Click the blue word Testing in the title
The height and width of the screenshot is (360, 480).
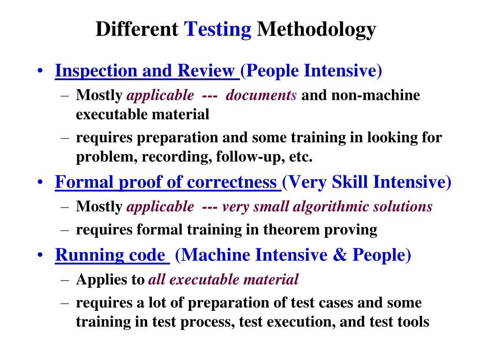217,30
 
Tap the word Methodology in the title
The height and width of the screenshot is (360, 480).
316,30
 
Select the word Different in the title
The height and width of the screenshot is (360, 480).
137,29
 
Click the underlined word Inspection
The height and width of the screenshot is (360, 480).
96,71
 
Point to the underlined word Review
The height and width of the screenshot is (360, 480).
206,70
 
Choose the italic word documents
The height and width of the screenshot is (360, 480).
261,95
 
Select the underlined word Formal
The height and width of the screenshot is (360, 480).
84,182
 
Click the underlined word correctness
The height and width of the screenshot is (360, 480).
232,182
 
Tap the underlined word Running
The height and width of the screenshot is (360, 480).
90,255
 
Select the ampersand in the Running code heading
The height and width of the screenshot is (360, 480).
340,255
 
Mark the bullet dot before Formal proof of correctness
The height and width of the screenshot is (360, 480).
40,182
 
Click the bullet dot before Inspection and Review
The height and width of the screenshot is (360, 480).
40,71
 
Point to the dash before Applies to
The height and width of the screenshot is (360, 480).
65,280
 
